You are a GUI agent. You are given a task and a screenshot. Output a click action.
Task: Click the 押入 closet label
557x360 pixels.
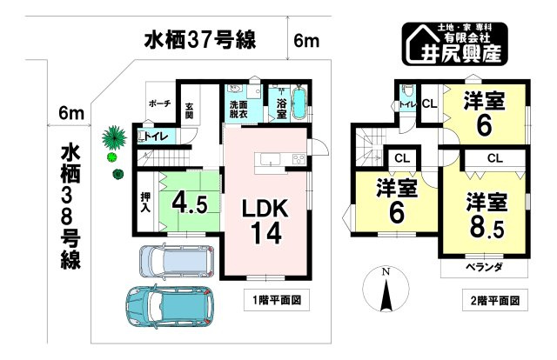145,203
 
